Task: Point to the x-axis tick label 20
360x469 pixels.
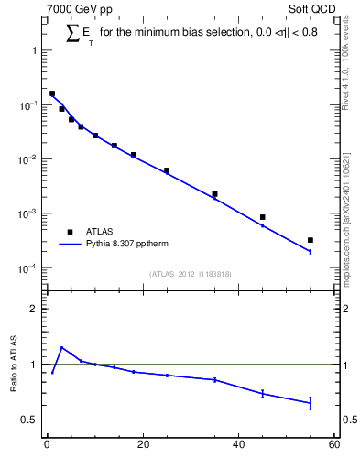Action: click(142, 446)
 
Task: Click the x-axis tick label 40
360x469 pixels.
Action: click(238, 446)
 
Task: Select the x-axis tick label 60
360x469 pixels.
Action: click(334, 446)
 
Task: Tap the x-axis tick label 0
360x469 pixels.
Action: click(47, 446)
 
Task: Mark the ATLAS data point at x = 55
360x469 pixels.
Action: click(311, 240)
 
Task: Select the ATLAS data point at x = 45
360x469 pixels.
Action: click(263, 217)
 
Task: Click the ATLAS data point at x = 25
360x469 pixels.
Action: click(167, 170)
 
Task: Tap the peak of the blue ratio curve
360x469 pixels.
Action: click(61, 347)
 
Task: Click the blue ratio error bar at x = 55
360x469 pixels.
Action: click(311, 403)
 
